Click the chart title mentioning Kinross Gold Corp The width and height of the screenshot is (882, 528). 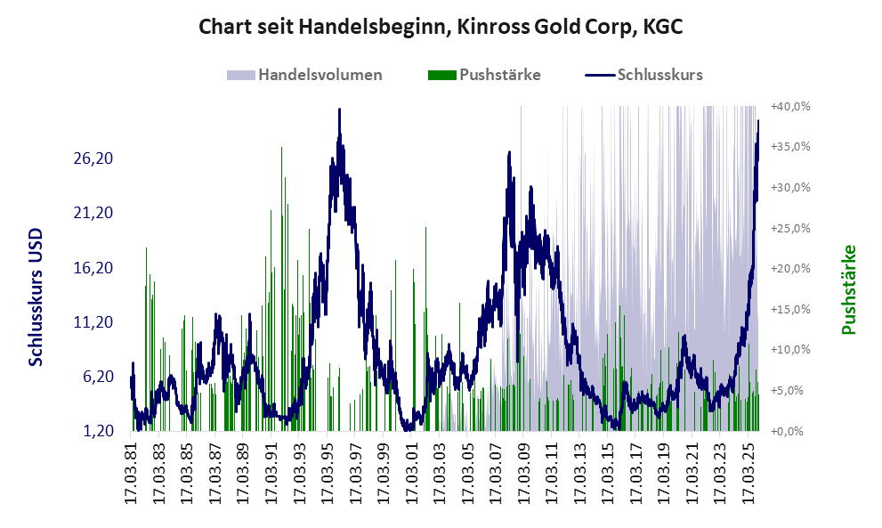[441, 27]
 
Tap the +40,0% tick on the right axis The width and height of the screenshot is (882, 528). [791, 106]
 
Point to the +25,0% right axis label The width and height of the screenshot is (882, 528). [791, 228]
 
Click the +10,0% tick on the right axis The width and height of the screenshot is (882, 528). [791, 350]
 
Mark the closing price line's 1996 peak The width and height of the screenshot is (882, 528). [339, 110]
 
